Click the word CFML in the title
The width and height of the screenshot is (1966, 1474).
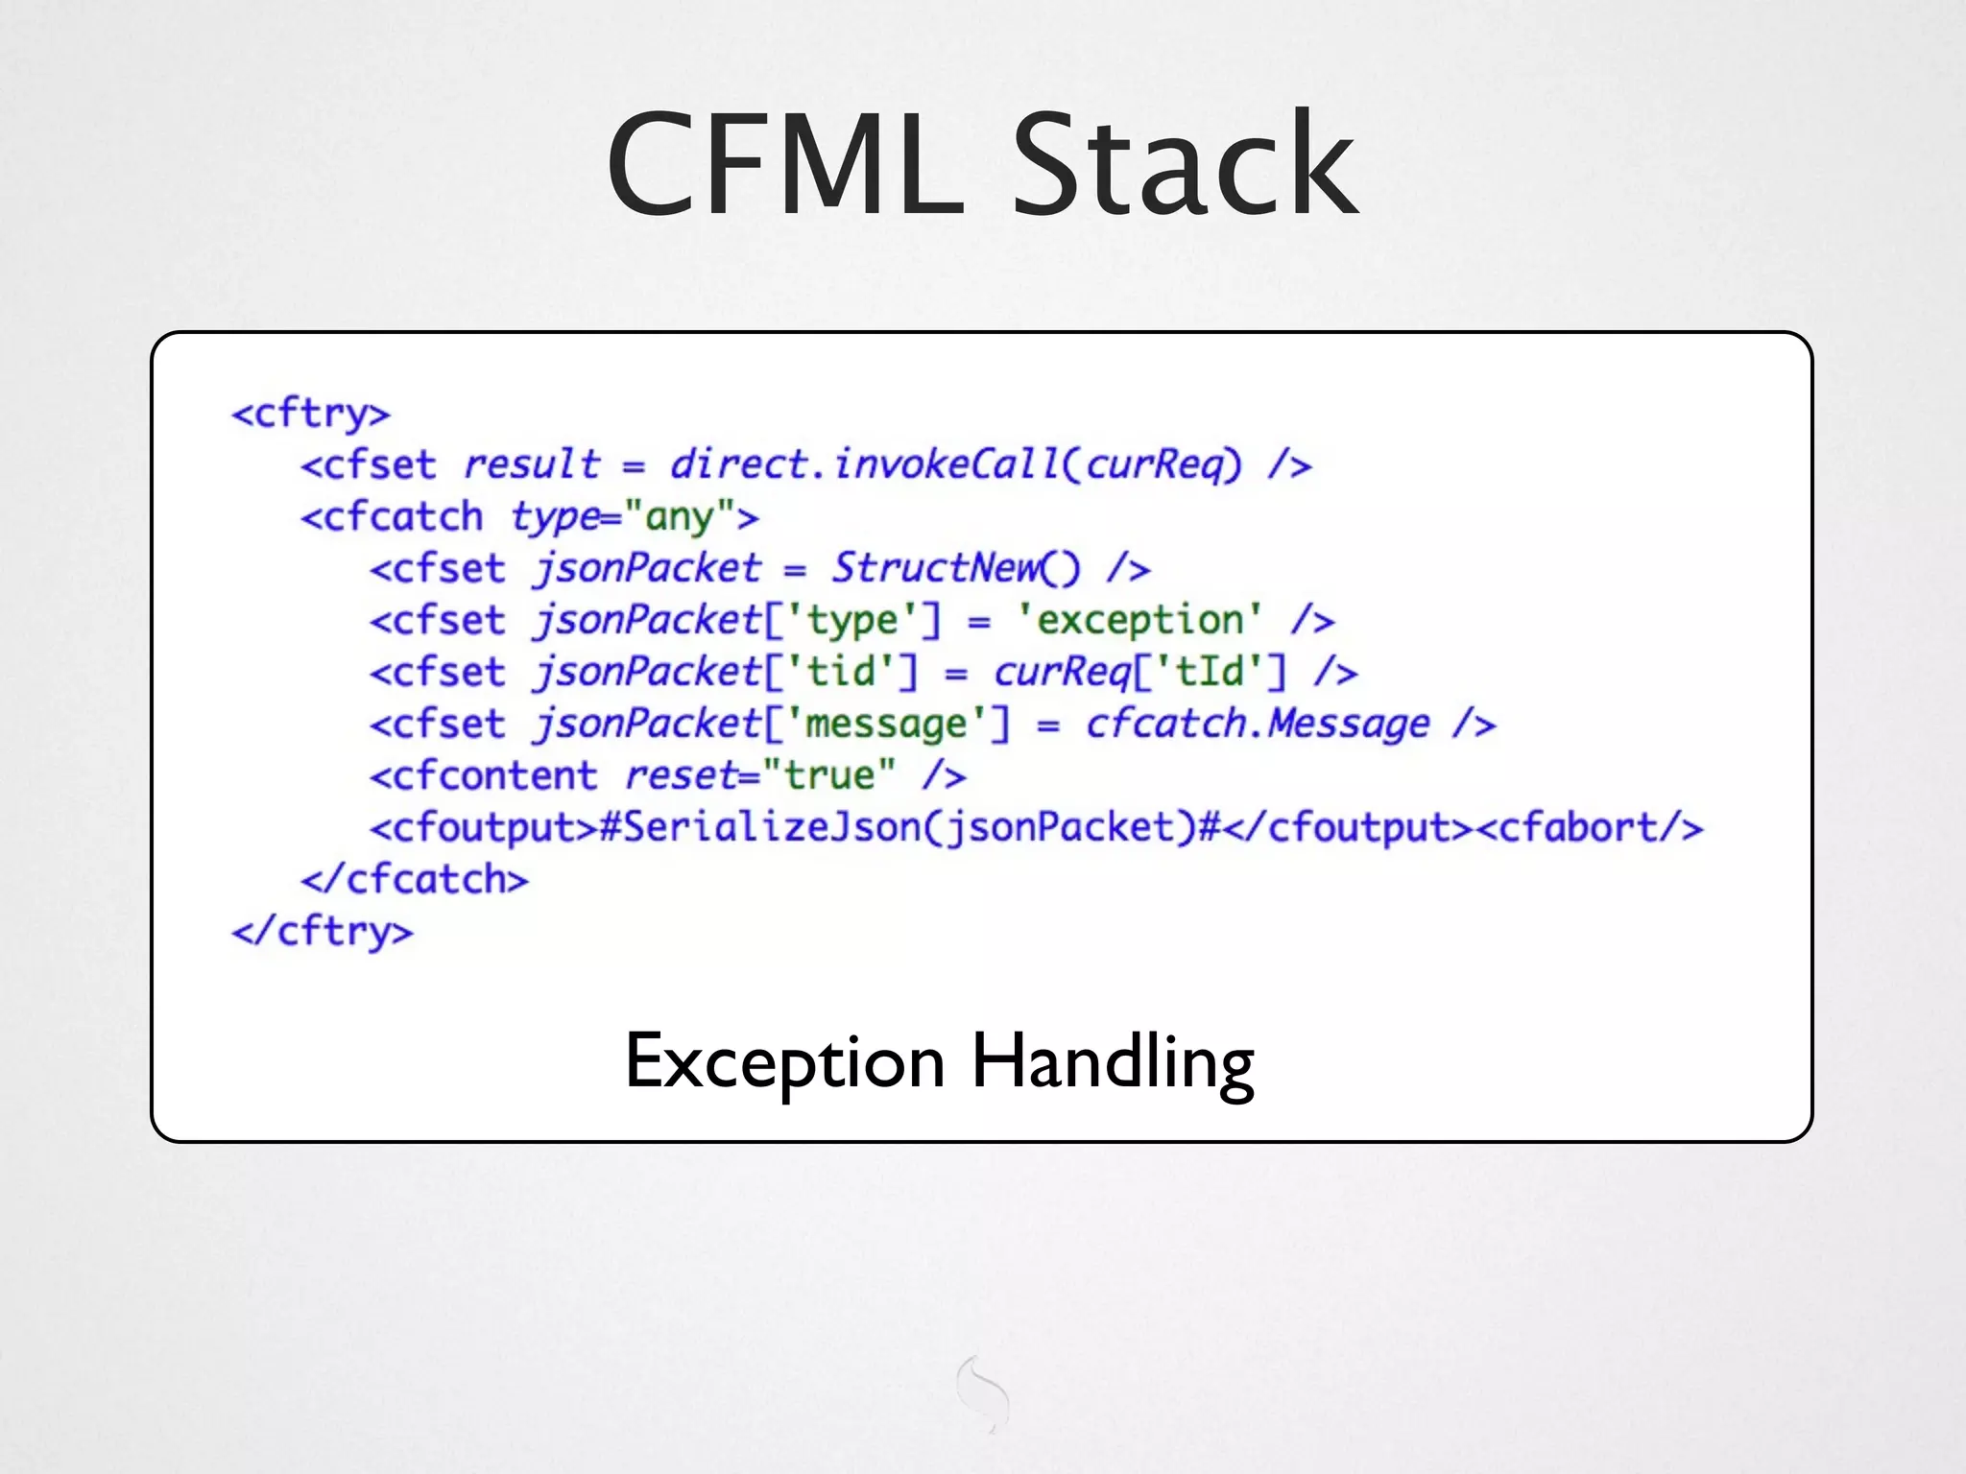(x=785, y=165)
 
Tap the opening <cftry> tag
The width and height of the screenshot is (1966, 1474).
(x=311, y=415)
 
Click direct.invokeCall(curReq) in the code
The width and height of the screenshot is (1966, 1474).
(x=956, y=465)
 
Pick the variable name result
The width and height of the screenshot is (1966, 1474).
(x=532, y=465)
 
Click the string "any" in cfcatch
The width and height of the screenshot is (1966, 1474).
(x=680, y=517)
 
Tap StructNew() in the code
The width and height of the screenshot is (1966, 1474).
(x=956, y=568)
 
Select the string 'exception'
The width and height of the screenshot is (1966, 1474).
(x=1139, y=620)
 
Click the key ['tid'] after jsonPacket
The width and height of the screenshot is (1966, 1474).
(x=841, y=672)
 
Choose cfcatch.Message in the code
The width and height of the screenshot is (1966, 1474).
(x=1258, y=725)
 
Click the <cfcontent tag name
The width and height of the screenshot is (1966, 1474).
(x=484, y=775)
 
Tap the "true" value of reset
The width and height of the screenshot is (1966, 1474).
(x=828, y=775)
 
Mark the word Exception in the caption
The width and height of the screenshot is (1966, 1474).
(x=785, y=1061)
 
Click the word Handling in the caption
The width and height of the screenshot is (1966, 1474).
(x=1113, y=1061)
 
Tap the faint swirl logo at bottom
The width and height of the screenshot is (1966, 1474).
(x=984, y=1393)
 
